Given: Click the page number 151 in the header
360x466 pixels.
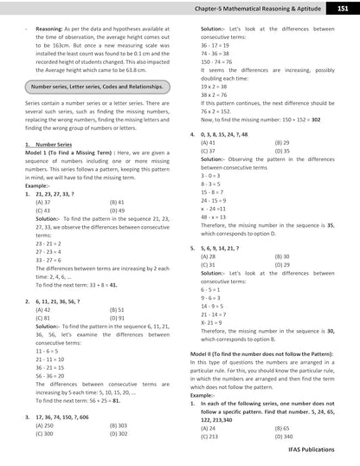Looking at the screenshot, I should [x=344, y=9].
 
